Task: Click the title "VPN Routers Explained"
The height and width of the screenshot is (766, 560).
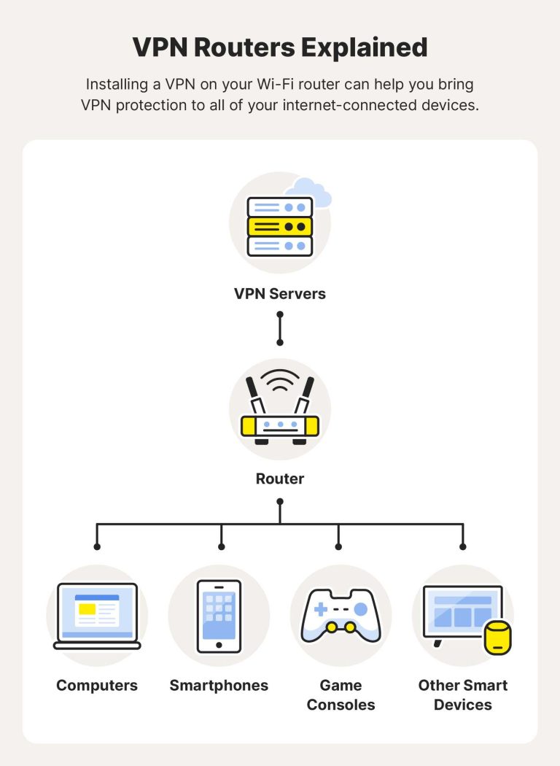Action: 280,47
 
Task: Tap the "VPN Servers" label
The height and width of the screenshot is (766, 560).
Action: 280,294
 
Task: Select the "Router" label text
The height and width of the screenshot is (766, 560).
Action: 280,479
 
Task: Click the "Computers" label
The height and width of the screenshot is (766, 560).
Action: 97,686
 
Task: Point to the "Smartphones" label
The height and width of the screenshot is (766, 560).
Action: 219,686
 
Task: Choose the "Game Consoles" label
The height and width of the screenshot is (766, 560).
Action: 341,695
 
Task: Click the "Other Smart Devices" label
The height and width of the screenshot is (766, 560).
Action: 463,695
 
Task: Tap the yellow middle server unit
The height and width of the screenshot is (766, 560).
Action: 280,227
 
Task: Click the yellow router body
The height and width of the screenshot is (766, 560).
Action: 280,425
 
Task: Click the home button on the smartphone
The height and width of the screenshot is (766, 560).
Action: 219,645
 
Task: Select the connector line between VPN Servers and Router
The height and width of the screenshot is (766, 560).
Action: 280,328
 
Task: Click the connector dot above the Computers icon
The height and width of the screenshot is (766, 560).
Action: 97,546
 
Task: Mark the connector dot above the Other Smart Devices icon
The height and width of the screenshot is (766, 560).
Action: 463,546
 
